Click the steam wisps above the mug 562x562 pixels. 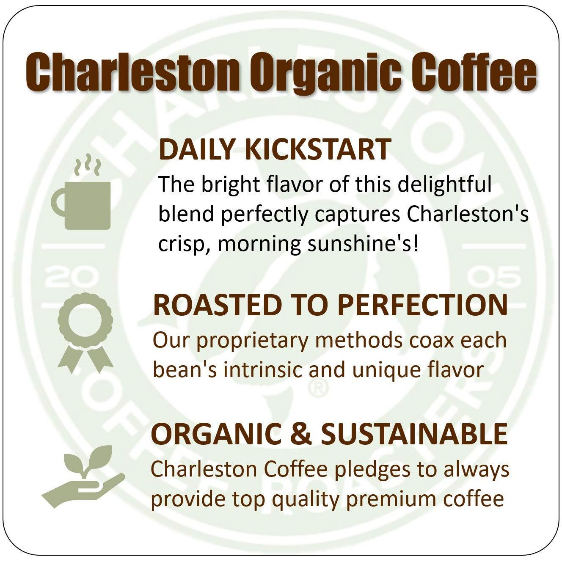point(88,167)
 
